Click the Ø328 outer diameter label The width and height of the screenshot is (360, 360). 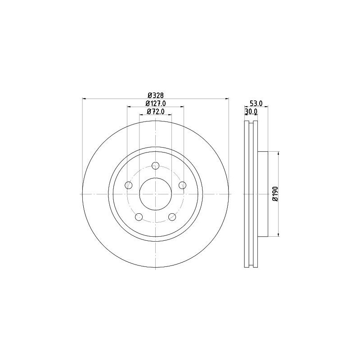tap(155, 95)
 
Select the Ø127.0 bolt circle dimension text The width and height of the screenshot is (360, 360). tap(155, 103)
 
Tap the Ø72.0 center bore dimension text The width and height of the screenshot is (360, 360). tap(155, 111)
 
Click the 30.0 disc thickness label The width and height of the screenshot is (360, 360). tap(251, 111)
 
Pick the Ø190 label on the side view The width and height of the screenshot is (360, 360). tap(275, 193)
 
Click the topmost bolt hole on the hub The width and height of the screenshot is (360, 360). tap(155, 165)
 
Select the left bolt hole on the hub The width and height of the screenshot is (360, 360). tap(129, 185)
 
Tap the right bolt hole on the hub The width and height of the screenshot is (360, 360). tap(182, 185)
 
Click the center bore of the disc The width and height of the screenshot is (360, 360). tap(155, 193)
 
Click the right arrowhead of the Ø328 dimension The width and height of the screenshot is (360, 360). tap(227, 99)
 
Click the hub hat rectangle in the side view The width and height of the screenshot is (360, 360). tap(263, 193)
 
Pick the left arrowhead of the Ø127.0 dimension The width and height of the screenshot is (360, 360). tap(129, 107)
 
